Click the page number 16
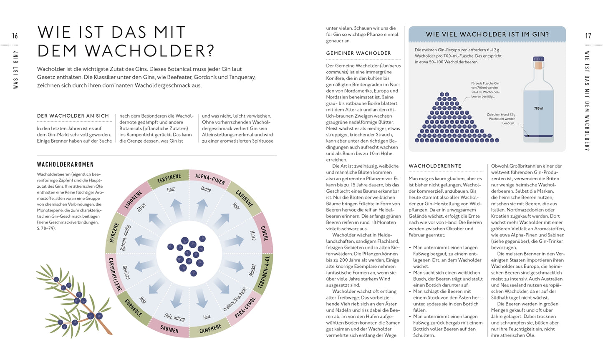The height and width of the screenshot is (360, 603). [x=15, y=36]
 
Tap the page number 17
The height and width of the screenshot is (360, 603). [x=588, y=36]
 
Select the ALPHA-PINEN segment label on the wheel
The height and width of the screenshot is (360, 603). [x=210, y=179]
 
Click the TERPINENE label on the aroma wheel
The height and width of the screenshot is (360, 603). [x=169, y=179]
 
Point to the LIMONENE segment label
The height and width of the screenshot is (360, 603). [x=134, y=199]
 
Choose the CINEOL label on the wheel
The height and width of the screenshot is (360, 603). [x=264, y=233]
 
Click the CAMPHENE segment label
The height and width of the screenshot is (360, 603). [x=210, y=329]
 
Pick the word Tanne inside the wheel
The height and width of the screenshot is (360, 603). [x=206, y=189]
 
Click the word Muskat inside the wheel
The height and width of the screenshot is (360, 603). [x=252, y=269]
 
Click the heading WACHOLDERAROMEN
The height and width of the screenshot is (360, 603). [x=66, y=164]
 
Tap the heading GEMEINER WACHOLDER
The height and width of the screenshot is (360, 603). [x=358, y=53]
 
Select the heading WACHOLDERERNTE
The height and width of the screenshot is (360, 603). [x=435, y=166]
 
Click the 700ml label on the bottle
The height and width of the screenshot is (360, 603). [x=539, y=108]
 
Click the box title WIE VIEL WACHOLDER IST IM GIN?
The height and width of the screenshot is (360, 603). [x=487, y=34]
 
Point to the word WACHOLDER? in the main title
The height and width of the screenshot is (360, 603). [x=126, y=50]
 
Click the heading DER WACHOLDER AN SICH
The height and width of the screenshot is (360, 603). [x=73, y=116]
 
